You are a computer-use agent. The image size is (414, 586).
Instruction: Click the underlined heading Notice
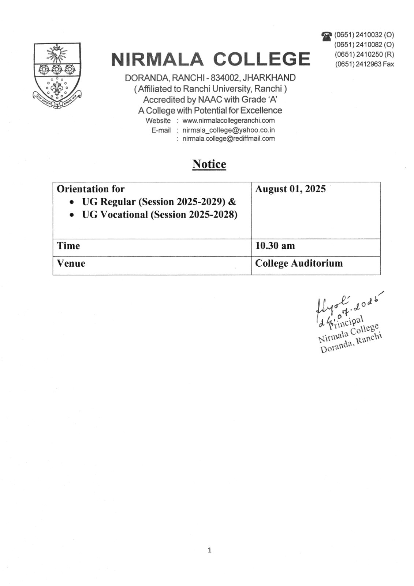point(209,164)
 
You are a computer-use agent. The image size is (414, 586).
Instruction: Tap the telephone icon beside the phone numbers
point(327,36)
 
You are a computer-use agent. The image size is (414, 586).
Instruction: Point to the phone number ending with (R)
point(365,55)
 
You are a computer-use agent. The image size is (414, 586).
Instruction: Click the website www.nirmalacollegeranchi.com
point(228,120)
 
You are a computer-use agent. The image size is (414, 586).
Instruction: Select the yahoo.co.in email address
point(228,130)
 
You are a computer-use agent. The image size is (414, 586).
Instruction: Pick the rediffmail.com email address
point(228,138)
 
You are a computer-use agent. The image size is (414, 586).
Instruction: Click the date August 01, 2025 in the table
point(290,189)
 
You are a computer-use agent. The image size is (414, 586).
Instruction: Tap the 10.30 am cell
point(275,246)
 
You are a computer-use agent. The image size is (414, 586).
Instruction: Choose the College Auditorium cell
point(299,263)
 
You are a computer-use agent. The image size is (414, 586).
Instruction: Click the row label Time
point(68,246)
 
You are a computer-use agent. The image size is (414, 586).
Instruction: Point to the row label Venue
point(71,263)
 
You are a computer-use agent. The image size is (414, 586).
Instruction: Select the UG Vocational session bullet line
point(160,215)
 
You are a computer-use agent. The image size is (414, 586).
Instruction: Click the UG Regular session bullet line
point(159,202)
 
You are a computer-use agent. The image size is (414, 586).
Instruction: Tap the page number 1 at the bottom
point(209,550)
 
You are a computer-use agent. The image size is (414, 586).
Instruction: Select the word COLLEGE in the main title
point(261,59)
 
